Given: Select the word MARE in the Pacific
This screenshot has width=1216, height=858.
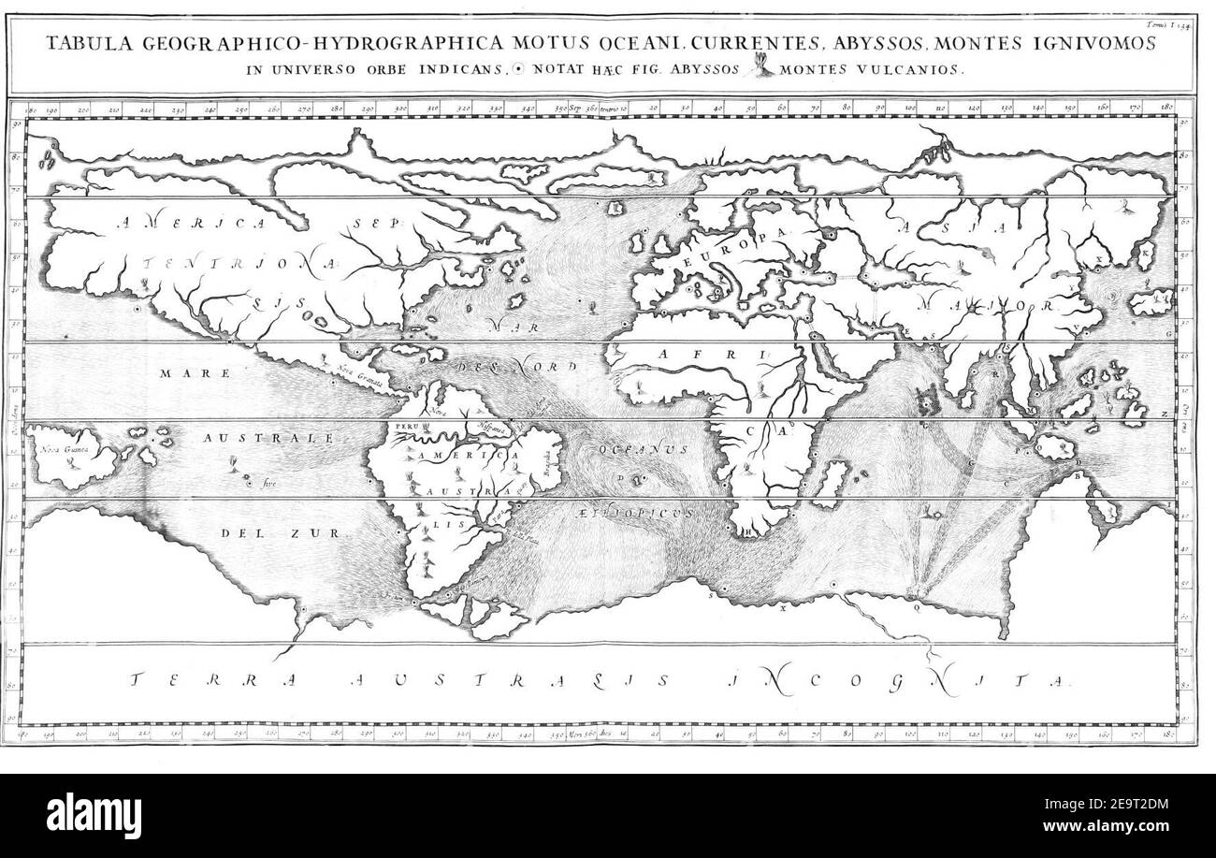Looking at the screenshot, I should (182, 372).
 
